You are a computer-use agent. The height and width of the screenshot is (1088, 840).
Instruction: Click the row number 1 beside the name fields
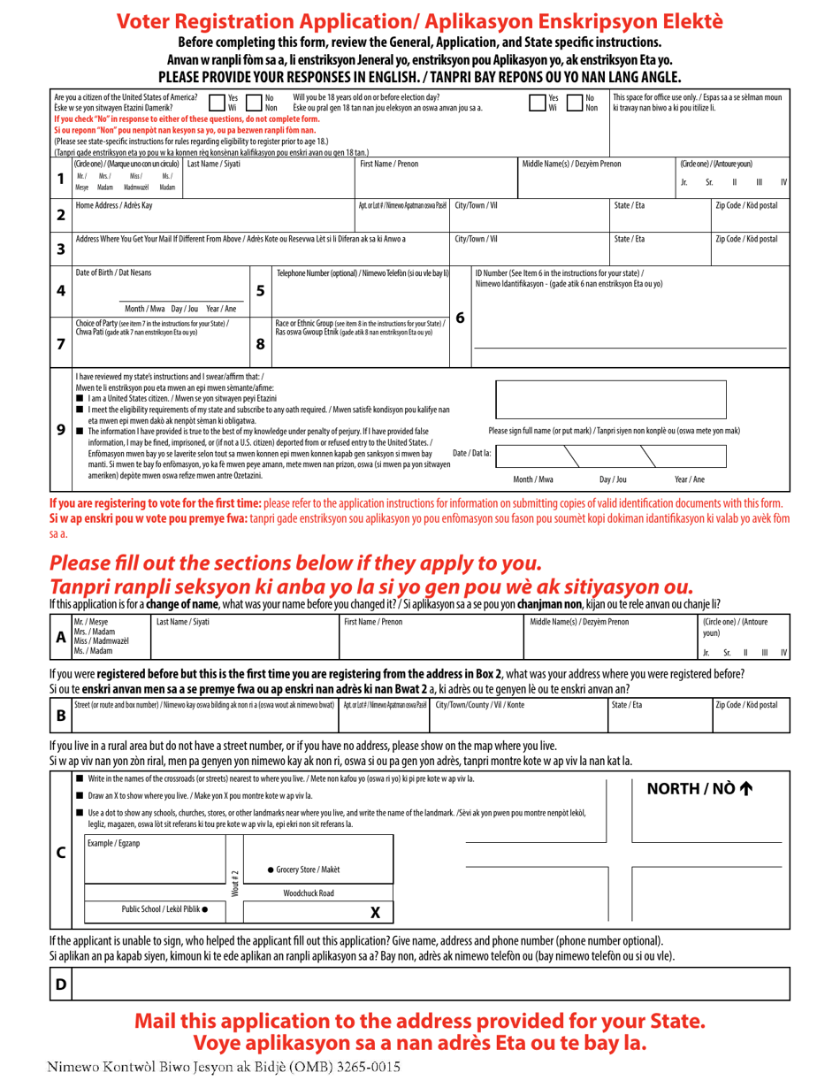click(x=60, y=178)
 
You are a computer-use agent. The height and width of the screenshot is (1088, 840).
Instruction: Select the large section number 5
click(x=260, y=289)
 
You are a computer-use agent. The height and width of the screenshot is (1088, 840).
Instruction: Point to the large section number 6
click(x=460, y=316)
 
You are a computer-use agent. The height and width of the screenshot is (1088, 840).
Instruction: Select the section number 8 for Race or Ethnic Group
click(x=260, y=344)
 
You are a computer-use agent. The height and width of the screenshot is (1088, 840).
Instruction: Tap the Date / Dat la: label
click(x=471, y=453)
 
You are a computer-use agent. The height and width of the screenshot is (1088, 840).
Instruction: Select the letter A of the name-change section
click(x=60, y=637)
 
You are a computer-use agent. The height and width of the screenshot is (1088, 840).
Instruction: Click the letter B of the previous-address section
click(x=60, y=715)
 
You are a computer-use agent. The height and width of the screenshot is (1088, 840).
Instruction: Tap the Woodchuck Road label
click(x=309, y=893)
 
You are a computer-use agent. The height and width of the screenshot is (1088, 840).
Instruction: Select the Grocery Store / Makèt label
click(x=303, y=870)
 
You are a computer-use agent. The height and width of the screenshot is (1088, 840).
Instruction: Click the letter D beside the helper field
click(x=60, y=984)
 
